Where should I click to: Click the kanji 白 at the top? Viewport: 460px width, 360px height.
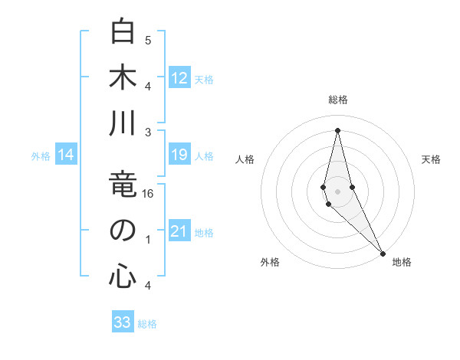point(123,33)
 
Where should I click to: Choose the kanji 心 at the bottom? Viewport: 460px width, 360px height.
point(123,276)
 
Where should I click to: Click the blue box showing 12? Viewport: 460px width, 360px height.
point(179,78)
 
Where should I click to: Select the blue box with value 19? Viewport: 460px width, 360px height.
point(179,155)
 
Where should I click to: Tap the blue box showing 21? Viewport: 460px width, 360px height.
point(179,232)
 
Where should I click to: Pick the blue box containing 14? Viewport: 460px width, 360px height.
point(66,155)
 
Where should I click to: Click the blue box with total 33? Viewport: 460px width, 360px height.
point(123,322)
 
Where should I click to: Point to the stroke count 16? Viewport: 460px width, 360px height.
point(149,194)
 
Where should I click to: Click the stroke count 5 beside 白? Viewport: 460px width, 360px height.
point(148,40)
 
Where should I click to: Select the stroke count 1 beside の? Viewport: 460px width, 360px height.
point(148,240)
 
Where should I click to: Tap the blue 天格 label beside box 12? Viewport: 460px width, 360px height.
point(204,79)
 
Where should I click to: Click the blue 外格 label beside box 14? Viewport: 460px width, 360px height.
point(41,156)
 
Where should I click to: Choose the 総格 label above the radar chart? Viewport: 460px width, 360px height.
point(337,100)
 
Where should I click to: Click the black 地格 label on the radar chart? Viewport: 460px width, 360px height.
point(402,262)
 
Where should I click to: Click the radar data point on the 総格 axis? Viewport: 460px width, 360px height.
point(337,130)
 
